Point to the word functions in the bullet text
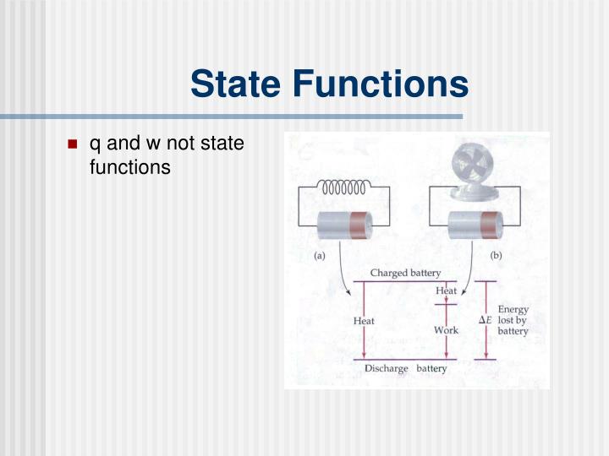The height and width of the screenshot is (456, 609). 129,167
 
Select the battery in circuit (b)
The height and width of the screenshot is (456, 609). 475,227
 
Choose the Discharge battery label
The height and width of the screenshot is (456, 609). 405,368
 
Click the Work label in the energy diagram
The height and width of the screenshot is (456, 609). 446,330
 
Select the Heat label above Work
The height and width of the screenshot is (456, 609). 447,291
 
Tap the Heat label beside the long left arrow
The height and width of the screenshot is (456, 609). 364,321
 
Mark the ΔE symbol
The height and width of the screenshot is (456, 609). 486,320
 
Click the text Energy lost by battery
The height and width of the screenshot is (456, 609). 513,320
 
